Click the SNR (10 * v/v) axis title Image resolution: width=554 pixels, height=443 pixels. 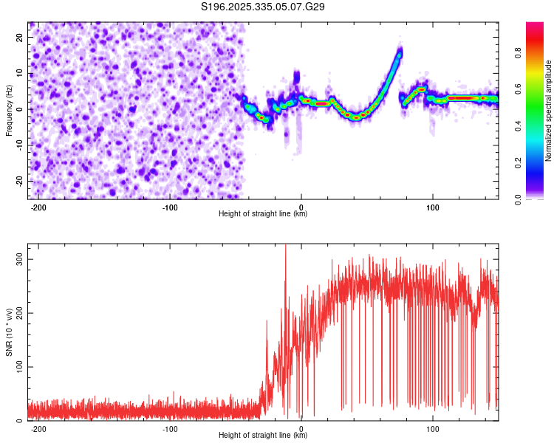[9, 332]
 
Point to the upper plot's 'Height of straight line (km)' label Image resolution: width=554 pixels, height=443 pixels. [263, 214]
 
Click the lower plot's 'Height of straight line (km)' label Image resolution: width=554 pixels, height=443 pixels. [263, 436]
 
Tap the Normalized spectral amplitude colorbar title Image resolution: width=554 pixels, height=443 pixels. [549, 111]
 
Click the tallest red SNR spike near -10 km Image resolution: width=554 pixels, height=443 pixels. [286, 247]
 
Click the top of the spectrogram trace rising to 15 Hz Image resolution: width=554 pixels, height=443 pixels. [400, 52]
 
